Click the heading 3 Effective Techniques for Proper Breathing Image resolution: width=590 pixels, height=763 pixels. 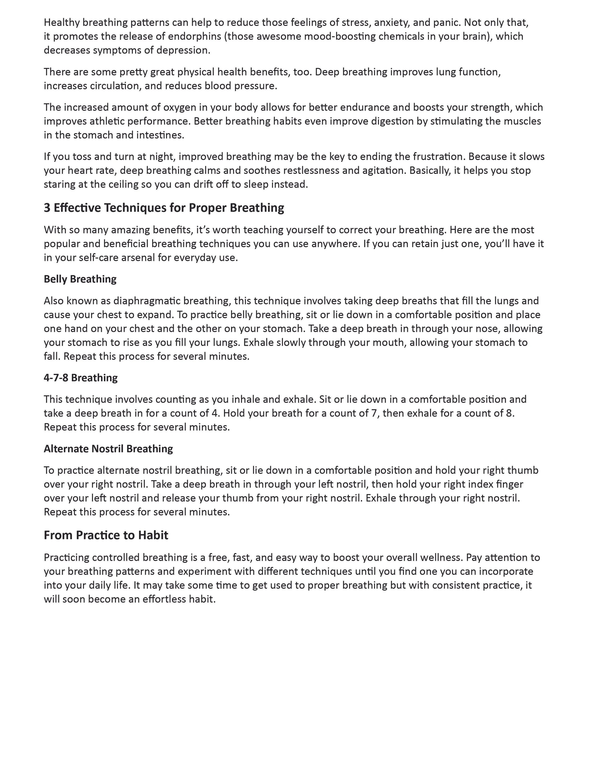pyautogui.click(x=164, y=208)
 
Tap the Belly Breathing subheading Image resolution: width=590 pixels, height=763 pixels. pyautogui.click(x=80, y=279)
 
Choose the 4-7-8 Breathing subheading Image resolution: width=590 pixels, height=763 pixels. pyautogui.click(x=81, y=378)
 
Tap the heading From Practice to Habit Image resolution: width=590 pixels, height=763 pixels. pyautogui.click(x=106, y=535)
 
